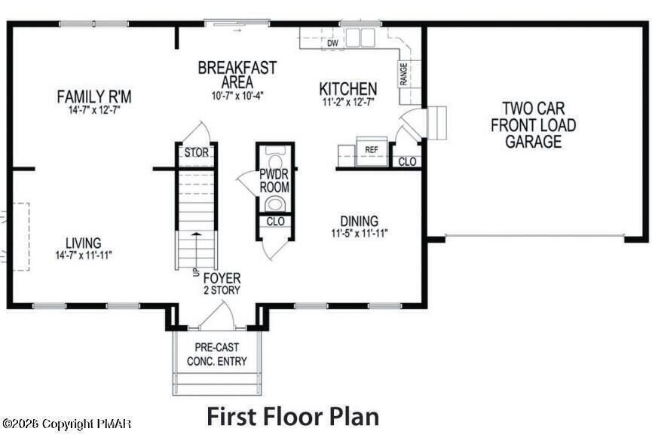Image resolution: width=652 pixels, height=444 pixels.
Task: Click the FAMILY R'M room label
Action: [x=94, y=96]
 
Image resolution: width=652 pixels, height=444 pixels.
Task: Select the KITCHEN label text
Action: [x=347, y=88]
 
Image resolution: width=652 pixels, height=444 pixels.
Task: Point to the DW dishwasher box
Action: [x=332, y=44]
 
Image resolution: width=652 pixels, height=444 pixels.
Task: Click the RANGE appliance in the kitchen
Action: [x=404, y=73]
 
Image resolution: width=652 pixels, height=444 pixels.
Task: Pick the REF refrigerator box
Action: [x=371, y=149]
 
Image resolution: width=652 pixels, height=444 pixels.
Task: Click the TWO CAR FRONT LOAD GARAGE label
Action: [x=533, y=125]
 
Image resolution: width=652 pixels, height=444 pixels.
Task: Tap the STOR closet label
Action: [x=196, y=153]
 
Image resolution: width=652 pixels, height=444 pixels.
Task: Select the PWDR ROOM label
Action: [x=274, y=181]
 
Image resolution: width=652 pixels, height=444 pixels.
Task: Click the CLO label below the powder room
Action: [x=276, y=222]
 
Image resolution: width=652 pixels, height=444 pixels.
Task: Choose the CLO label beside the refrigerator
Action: [x=407, y=161]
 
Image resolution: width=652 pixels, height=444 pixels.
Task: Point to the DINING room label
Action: [x=360, y=221]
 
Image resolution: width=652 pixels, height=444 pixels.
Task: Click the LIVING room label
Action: [x=83, y=243]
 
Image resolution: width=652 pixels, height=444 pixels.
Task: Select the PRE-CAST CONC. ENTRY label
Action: [x=216, y=355]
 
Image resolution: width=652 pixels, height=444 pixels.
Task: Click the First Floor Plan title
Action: [x=292, y=416]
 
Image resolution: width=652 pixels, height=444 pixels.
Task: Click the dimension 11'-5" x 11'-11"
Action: [x=360, y=233]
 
